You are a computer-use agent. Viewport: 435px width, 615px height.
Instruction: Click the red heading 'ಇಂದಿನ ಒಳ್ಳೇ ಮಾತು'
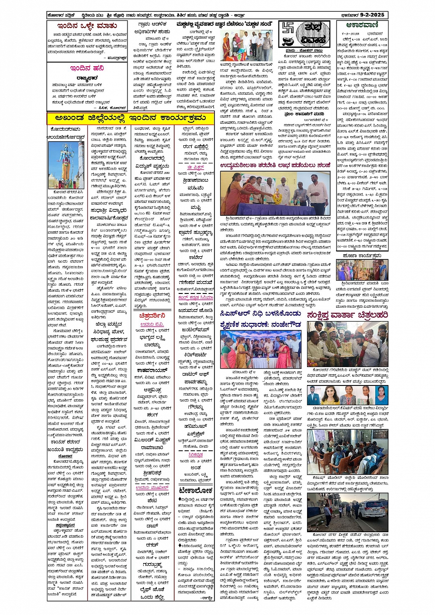(87, 26)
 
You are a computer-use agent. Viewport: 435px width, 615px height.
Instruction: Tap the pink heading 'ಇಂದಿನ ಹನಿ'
(87, 69)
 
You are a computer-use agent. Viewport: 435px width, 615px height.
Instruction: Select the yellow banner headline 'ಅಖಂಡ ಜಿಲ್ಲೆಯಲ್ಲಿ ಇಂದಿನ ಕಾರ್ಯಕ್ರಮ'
(131, 119)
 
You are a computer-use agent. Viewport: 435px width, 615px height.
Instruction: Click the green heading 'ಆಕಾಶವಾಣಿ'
(362, 26)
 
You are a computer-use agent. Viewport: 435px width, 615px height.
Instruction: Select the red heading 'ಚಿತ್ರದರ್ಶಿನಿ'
(153, 316)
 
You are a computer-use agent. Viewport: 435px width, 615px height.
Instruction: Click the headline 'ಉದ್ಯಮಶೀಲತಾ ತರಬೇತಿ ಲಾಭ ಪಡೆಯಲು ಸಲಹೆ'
(275, 165)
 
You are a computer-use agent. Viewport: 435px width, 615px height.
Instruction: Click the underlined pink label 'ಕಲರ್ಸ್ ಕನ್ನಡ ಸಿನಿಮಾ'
(195, 298)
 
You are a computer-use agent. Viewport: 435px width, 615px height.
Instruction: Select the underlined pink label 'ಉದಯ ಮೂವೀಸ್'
(152, 487)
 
